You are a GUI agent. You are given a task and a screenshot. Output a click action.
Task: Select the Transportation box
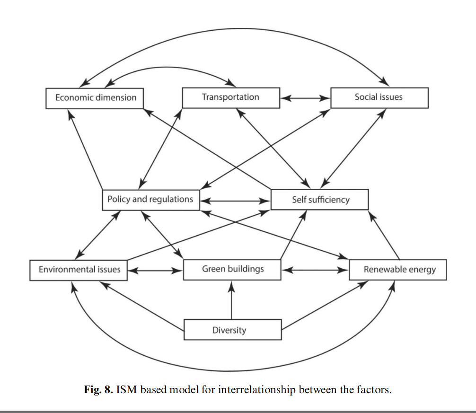click(x=231, y=97)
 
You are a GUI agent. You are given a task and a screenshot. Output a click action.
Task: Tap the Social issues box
click(x=379, y=97)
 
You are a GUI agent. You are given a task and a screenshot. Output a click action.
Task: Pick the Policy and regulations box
click(x=150, y=199)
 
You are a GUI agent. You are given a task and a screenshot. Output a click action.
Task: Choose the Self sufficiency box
click(x=319, y=199)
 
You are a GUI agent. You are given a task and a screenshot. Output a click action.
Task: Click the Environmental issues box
click(x=79, y=270)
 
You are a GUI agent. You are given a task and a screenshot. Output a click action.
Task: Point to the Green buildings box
click(x=232, y=270)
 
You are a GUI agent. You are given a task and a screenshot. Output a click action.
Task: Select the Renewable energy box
click(x=398, y=270)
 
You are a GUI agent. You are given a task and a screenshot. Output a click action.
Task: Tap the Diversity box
click(x=232, y=330)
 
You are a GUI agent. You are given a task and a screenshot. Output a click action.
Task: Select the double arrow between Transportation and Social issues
click(x=305, y=98)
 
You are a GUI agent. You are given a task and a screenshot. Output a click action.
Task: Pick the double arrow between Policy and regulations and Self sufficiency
click(x=235, y=201)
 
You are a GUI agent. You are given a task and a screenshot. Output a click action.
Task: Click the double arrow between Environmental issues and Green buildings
click(x=155, y=271)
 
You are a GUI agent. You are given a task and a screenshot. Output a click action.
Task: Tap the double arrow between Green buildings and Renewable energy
click(x=315, y=271)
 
